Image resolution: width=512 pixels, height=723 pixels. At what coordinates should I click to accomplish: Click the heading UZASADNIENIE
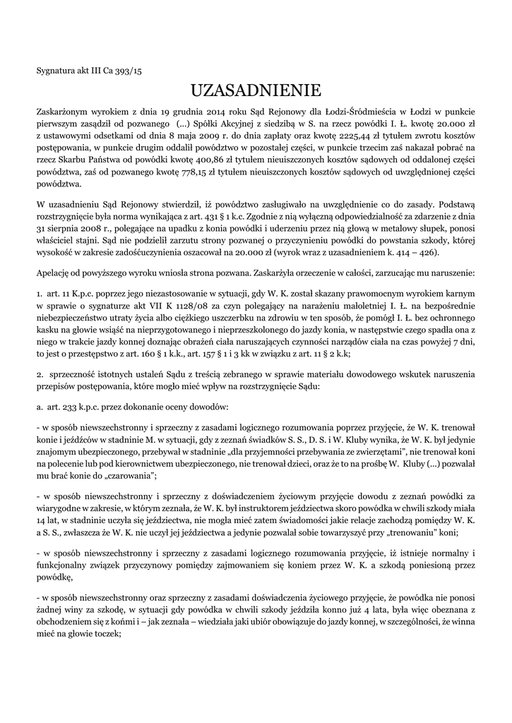256,90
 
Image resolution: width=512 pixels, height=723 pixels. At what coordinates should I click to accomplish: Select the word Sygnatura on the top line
56,71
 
